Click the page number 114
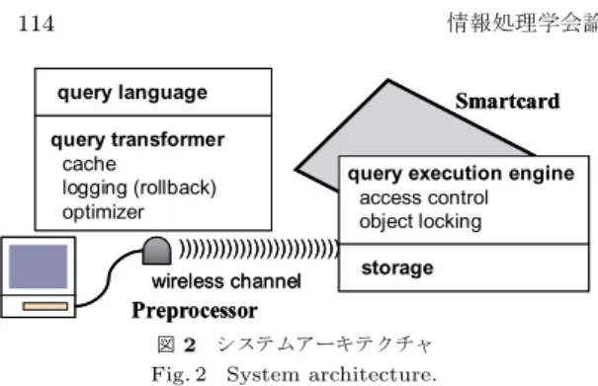tap(37, 24)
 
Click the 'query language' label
tap(132, 93)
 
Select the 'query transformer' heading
tap(137, 140)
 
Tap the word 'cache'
tap(89, 164)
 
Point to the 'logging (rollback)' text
tap(139, 188)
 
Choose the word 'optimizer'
tap(104, 212)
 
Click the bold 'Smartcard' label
tap(508, 102)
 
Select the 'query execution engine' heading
tap(461, 174)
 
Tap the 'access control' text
tap(424, 198)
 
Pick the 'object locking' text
tap(420, 222)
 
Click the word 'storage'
tap(397, 269)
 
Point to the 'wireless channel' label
tap(226, 281)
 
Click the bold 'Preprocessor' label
tap(195, 311)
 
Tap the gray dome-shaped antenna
tap(157, 251)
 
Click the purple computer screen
tap(39, 267)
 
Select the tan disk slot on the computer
tap(45, 306)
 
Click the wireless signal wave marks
tap(259, 250)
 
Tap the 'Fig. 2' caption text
tap(179, 374)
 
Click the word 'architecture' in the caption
tap(373, 375)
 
